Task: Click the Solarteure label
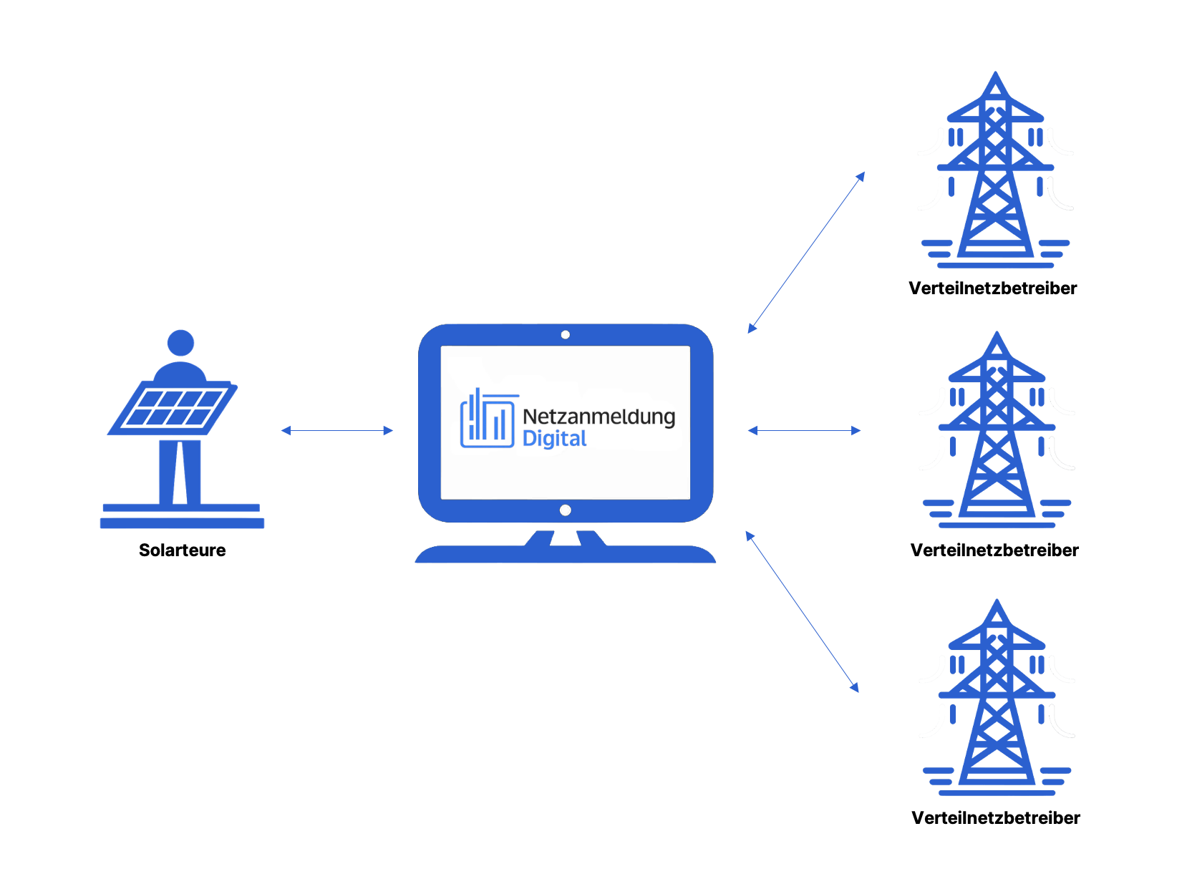(x=182, y=550)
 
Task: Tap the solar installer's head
(x=180, y=343)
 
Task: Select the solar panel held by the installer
(x=172, y=408)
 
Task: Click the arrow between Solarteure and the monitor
(x=337, y=430)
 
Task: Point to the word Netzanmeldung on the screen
(x=599, y=417)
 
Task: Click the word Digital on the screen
(x=554, y=439)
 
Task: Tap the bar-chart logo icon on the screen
(x=488, y=420)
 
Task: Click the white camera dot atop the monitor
(x=565, y=335)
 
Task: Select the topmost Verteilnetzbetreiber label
(x=992, y=288)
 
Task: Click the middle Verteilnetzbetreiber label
(x=994, y=550)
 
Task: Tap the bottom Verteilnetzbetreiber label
(x=995, y=817)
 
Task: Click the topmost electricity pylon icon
(x=995, y=172)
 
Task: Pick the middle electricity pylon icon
(x=997, y=429)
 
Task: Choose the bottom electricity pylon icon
(x=997, y=698)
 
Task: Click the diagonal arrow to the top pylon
(x=806, y=253)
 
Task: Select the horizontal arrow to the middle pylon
(x=804, y=430)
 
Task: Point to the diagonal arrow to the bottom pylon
(x=802, y=611)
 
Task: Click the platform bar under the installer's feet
(x=182, y=523)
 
